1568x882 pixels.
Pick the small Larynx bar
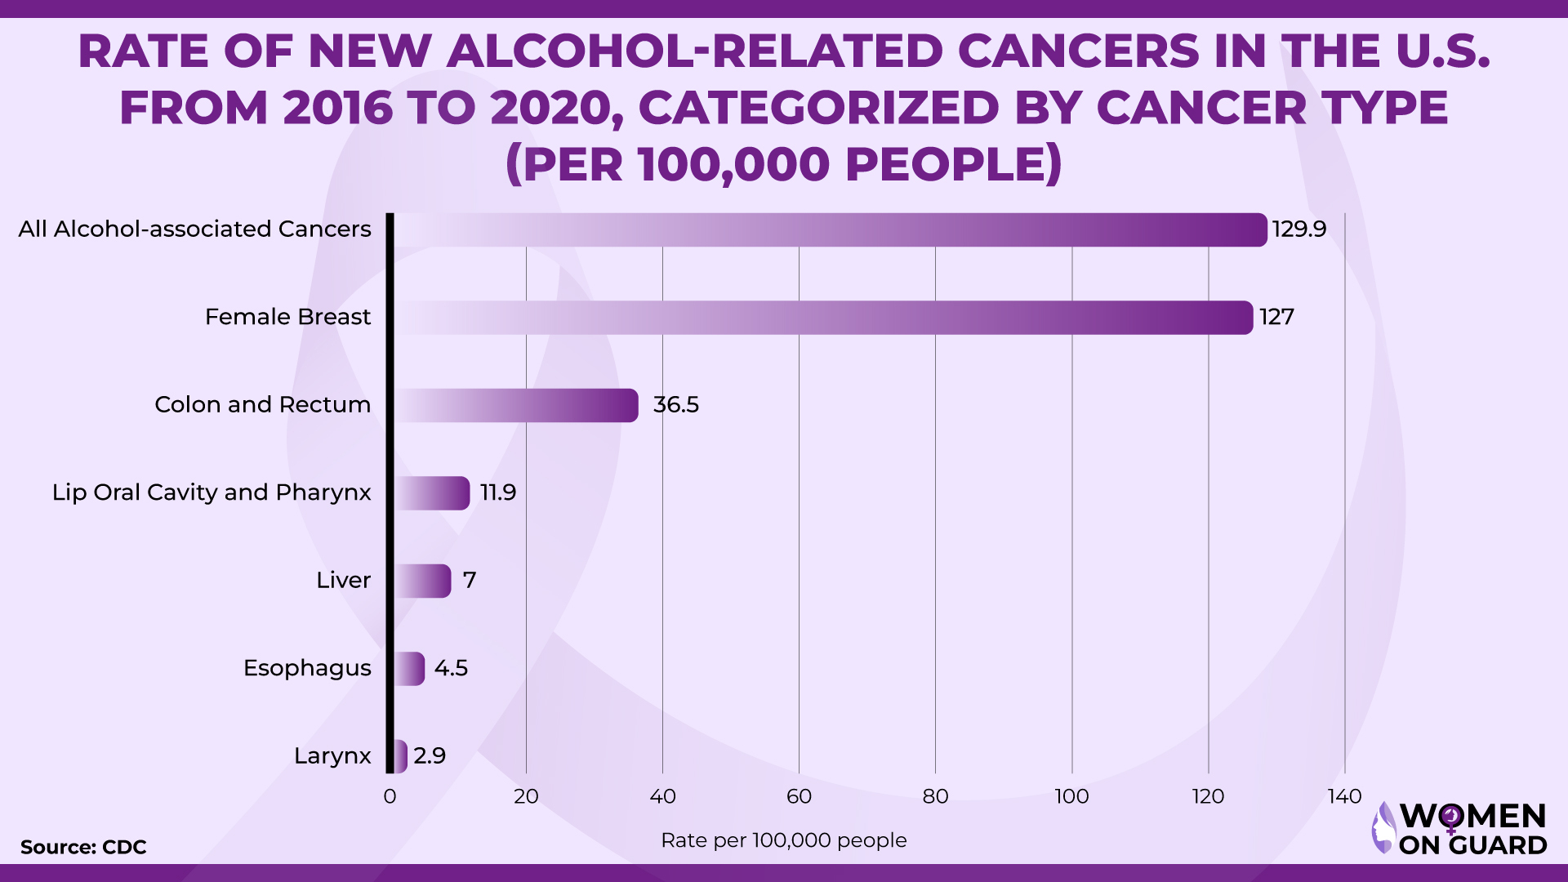point(400,756)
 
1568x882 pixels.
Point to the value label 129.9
point(1298,229)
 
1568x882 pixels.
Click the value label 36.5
point(675,405)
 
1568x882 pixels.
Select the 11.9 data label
point(497,492)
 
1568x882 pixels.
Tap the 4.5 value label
point(451,668)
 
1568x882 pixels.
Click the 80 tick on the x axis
point(935,796)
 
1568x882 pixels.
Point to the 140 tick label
point(1344,796)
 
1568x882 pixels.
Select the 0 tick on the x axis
point(390,796)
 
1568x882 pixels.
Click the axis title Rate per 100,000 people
point(783,840)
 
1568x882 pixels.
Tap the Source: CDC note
point(83,847)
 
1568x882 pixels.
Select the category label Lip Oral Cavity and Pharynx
point(212,492)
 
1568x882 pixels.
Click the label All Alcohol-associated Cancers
point(194,229)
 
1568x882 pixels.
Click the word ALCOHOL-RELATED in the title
point(695,51)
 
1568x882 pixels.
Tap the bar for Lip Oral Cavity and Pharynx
point(432,493)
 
